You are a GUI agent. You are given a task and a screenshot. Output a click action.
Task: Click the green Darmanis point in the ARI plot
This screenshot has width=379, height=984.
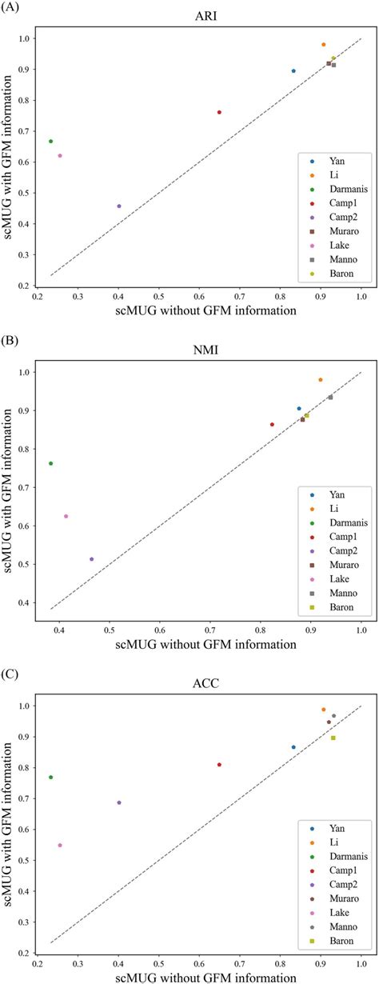(51, 142)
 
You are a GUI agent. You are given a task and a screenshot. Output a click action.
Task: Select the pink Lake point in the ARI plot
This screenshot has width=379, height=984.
(60, 155)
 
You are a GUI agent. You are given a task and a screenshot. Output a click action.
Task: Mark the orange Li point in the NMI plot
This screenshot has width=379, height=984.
(321, 380)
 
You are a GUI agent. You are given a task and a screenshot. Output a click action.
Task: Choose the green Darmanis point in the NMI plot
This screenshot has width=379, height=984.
(51, 463)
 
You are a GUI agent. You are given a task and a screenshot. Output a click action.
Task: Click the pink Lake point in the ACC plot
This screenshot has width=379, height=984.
(60, 845)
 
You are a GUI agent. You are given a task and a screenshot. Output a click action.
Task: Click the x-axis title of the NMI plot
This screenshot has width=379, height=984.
(206, 642)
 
